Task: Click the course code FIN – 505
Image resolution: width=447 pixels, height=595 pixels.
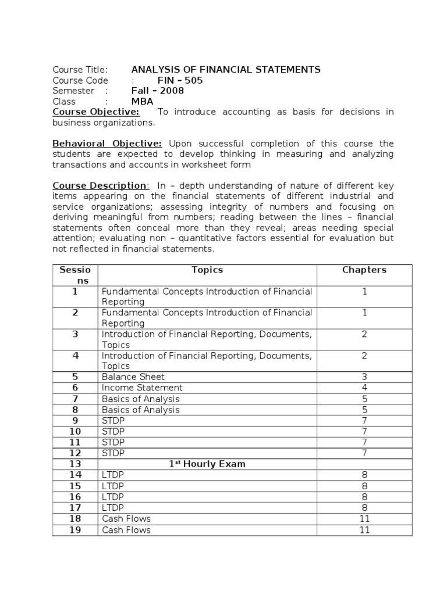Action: (180, 80)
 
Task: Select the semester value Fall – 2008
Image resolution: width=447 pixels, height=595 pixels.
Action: (157, 91)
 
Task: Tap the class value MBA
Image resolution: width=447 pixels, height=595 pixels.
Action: (142, 101)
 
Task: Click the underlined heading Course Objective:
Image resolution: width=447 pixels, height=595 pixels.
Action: (96, 112)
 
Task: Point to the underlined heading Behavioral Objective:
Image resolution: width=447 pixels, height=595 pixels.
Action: (107, 144)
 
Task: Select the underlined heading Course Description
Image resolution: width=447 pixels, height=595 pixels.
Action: (100, 185)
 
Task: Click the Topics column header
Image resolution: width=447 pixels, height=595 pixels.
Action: (207, 270)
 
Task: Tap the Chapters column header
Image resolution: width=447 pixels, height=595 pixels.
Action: (364, 270)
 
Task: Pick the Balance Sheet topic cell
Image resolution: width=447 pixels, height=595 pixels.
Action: (133, 377)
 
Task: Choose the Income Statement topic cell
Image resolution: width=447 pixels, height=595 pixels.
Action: (142, 388)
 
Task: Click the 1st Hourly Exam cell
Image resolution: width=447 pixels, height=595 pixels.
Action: (207, 464)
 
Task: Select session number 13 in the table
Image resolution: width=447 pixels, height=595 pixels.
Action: (75, 464)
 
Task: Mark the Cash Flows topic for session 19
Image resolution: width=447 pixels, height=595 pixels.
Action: (126, 530)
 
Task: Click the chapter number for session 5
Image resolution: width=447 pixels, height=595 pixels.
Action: (364, 377)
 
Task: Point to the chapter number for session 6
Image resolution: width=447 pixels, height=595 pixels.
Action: (364, 388)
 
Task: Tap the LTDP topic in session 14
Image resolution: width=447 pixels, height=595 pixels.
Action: (113, 475)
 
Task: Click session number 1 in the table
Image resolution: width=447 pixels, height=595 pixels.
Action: (75, 292)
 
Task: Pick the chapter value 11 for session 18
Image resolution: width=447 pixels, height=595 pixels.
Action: (364, 518)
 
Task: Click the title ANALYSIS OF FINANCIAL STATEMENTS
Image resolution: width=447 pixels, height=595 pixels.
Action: (226, 70)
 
